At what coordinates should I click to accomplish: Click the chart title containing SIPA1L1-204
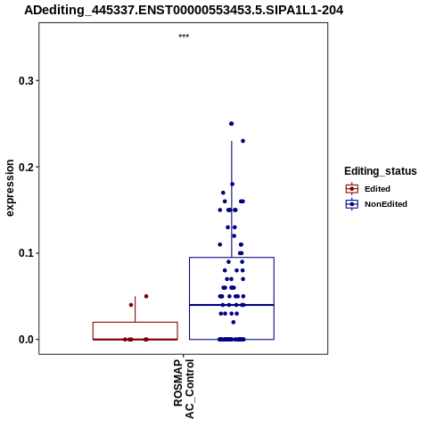coord(184,10)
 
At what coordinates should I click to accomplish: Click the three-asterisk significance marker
coord(184,37)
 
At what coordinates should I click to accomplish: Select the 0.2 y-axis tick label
coord(26,167)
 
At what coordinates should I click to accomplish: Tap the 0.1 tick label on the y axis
coord(26,253)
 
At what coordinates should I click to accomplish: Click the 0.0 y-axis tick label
coord(26,340)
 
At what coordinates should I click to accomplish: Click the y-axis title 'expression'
coord(10,188)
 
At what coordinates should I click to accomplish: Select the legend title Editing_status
coord(381,171)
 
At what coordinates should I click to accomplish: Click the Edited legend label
coord(377,189)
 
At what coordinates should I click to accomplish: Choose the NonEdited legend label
coord(386,204)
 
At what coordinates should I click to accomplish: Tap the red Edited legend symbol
coord(352,189)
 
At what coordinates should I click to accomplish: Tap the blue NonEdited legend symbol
coord(352,204)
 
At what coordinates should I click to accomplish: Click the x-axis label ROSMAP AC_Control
coord(184,389)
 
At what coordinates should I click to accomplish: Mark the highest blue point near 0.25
coord(231,124)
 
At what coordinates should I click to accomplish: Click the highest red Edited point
coord(146,296)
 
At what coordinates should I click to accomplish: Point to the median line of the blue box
coord(232,305)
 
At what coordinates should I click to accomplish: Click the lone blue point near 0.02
coord(234,322)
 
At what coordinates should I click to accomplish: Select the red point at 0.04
coord(131,305)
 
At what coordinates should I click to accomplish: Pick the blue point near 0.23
coord(243,141)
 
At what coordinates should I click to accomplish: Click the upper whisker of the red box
coord(136,309)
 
